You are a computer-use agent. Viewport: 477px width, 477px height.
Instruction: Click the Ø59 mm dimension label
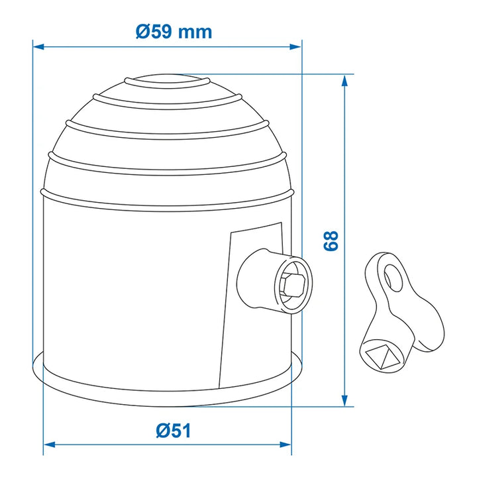(174, 32)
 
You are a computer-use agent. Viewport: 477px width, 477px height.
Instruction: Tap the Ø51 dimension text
(174, 431)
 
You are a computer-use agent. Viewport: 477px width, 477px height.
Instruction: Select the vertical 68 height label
(331, 240)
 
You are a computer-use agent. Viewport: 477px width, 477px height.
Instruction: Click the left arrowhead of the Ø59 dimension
(38, 47)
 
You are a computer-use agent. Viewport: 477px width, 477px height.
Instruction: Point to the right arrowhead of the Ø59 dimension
(295, 47)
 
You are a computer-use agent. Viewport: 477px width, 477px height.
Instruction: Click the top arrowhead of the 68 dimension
(344, 81)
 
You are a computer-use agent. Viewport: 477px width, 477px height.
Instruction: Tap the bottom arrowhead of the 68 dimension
(344, 400)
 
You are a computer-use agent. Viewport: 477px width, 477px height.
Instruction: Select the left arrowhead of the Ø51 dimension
(50, 445)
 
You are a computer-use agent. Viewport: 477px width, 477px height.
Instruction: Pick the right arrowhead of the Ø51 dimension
(286, 445)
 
